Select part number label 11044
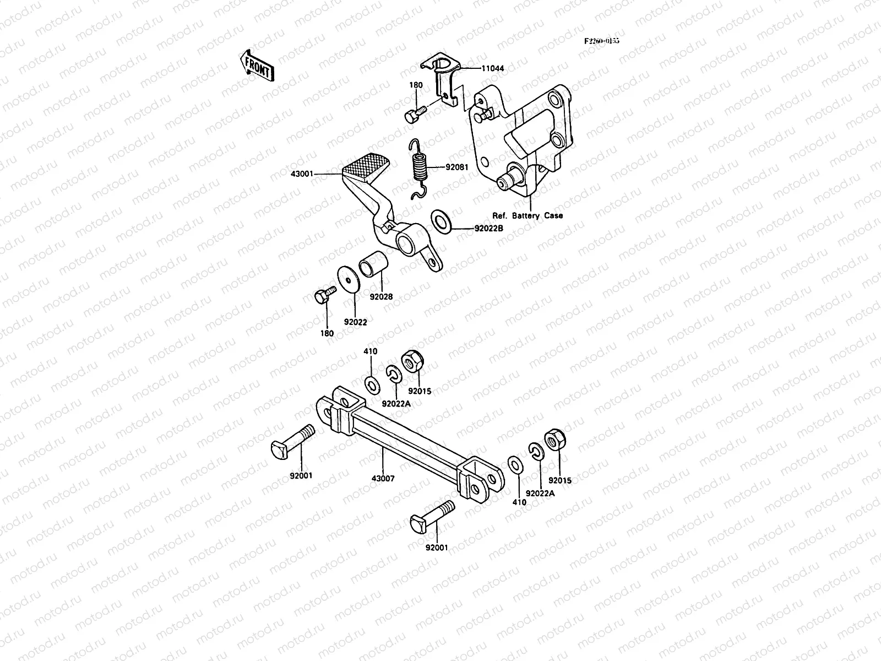point(492,68)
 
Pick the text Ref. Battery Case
point(527,215)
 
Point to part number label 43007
point(383,479)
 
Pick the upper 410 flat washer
point(372,383)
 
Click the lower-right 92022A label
point(540,494)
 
